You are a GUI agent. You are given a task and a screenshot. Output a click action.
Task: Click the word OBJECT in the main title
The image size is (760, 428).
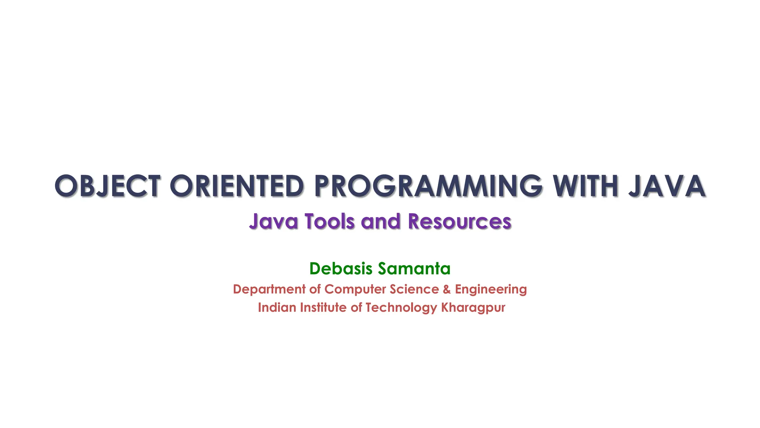click(x=108, y=186)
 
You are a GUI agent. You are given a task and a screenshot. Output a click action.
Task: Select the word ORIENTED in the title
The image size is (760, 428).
click(x=237, y=186)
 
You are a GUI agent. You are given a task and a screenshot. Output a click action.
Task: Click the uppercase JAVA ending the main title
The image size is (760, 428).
click(x=667, y=186)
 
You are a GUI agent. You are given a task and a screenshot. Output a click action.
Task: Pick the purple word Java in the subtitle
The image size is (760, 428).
click(x=273, y=221)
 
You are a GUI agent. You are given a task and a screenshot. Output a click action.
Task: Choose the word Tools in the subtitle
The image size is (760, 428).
click(x=330, y=221)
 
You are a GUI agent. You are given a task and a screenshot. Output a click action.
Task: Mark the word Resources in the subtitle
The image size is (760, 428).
click(x=459, y=221)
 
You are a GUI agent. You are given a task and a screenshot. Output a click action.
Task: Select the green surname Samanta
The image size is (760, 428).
click(x=414, y=269)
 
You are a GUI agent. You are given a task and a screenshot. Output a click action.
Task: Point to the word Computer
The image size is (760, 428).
click(x=355, y=289)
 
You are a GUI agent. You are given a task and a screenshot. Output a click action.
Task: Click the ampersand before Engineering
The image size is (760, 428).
click(x=447, y=289)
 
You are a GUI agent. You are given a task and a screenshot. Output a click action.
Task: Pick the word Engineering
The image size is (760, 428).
click(x=491, y=289)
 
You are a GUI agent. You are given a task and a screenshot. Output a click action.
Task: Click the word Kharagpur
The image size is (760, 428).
click(x=473, y=308)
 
